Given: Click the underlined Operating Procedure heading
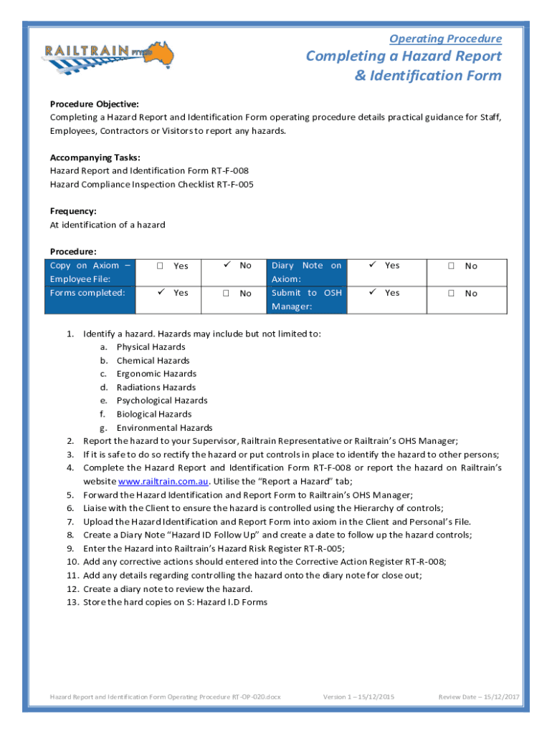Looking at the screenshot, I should click(x=445, y=39).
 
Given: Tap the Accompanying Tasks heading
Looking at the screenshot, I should click(x=95, y=157).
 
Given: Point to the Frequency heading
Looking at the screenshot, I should click(x=72, y=211).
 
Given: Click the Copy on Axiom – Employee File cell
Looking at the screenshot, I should click(x=90, y=272).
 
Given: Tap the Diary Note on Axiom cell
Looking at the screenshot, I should click(x=306, y=272).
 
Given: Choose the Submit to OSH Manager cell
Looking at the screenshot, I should click(x=306, y=299).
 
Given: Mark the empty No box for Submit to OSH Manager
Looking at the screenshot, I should click(x=452, y=293).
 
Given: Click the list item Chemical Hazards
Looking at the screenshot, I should click(x=153, y=361).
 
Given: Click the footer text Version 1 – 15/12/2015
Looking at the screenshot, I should click(x=358, y=696).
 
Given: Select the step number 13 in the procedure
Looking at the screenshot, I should click(x=72, y=602).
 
